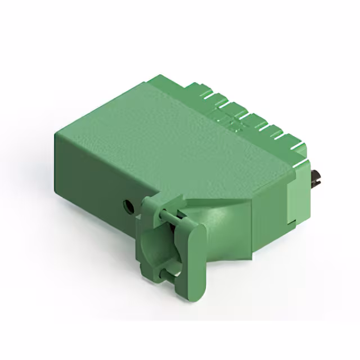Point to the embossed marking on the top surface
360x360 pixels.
(x=232, y=120)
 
